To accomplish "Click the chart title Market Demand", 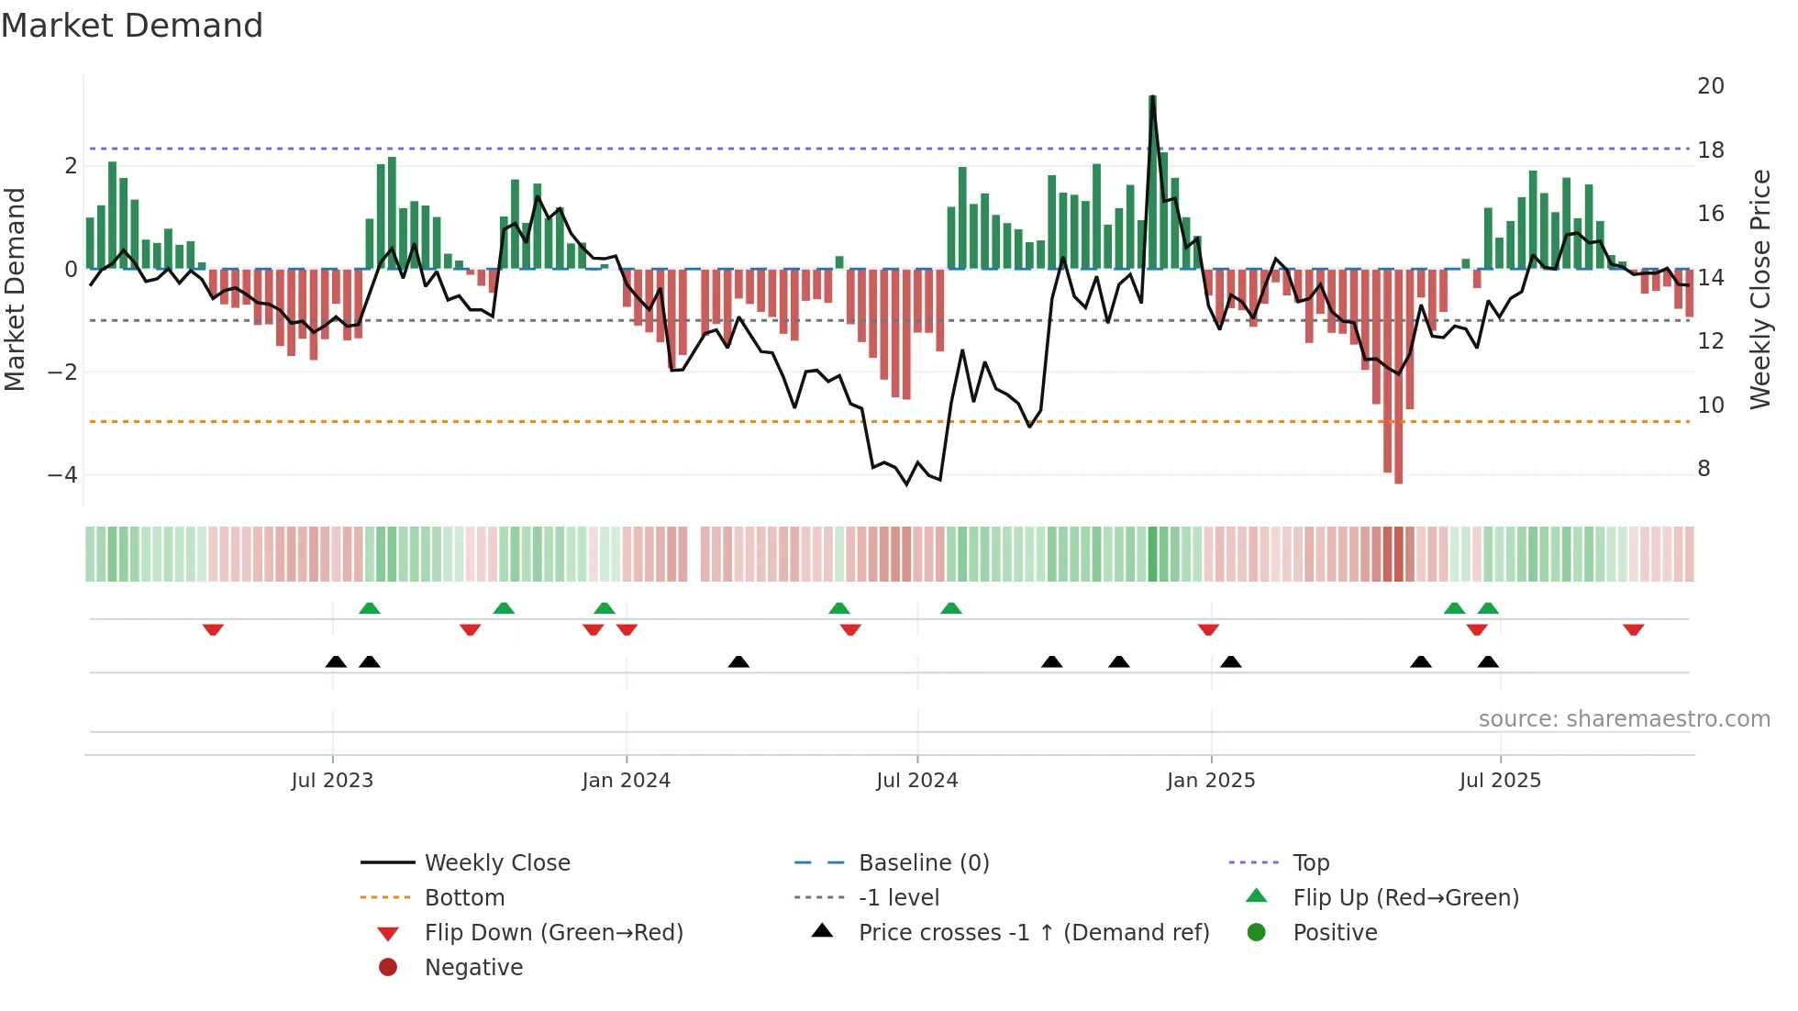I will [x=132, y=26].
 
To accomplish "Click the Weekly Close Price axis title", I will [x=1759, y=289].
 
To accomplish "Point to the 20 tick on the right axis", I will [x=1710, y=86].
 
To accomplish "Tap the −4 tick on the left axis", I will [x=62, y=475].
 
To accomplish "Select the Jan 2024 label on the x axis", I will [x=626, y=781].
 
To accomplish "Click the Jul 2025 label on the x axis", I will [x=1500, y=781].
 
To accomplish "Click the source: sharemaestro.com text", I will [x=1624, y=719].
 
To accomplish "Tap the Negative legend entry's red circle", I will [x=388, y=968].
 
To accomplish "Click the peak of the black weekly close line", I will [x=1153, y=97].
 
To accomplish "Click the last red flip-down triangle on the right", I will [x=1633, y=629].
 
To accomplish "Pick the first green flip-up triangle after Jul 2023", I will [x=370, y=608].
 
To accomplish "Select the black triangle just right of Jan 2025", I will [x=1231, y=661].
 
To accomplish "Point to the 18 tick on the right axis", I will [x=1710, y=150].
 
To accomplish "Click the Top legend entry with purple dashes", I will [x=1310, y=863].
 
